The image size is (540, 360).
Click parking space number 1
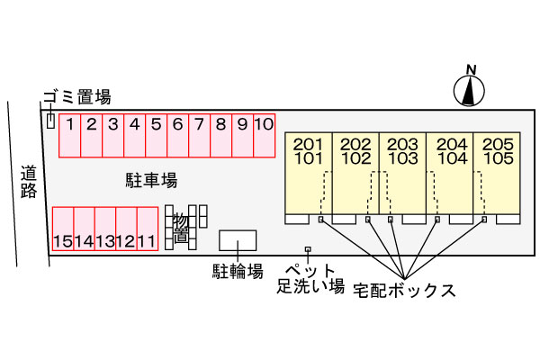click(x=70, y=135)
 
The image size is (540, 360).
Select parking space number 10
click(x=264, y=135)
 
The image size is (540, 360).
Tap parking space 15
click(x=63, y=229)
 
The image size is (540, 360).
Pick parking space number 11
click(x=148, y=229)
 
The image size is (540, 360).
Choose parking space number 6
click(x=177, y=135)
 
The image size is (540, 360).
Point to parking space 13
click(x=105, y=229)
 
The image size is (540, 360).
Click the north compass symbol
click(x=469, y=90)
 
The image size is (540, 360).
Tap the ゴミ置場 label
click(x=77, y=97)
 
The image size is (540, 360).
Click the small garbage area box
click(x=50, y=121)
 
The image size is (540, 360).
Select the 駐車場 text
click(x=151, y=180)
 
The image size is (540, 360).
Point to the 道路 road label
click(x=29, y=182)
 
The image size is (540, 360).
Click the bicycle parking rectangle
click(x=238, y=240)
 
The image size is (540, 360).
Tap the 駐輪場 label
click(x=238, y=272)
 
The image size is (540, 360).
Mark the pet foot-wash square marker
click(x=308, y=249)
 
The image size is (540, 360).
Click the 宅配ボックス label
click(x=404, y=291)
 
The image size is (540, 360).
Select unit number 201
click(x=308, y=144)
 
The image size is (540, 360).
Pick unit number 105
click(x=499, y=158)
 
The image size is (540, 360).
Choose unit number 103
click(x=403, y=158)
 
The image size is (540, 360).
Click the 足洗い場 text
click(x=310, y=286)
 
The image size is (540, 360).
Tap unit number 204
click(x=452, y=144)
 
